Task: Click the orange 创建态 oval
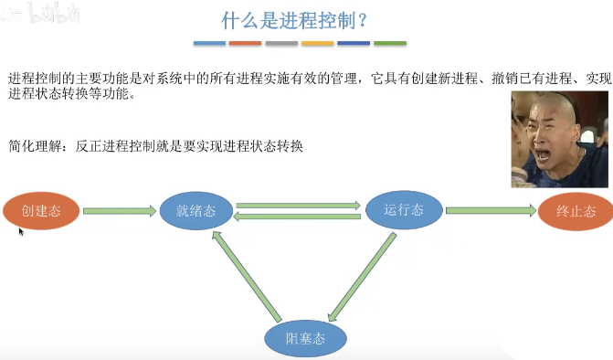pos(39,211)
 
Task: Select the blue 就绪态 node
pos(196,210)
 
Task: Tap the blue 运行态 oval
pos(404,209)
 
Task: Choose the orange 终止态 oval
pos(576,211)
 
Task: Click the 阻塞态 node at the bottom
pos(305,339)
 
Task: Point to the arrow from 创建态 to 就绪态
pos(120,211)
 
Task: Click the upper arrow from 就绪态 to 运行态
pos(299,206)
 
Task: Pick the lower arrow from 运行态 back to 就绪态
pos(299,217)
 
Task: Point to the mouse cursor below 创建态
pos(20,231)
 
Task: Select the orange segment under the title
pos(245,43)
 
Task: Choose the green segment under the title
pos(390,43)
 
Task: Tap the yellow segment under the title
pos(317,43)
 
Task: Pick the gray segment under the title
pos(281,43)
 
